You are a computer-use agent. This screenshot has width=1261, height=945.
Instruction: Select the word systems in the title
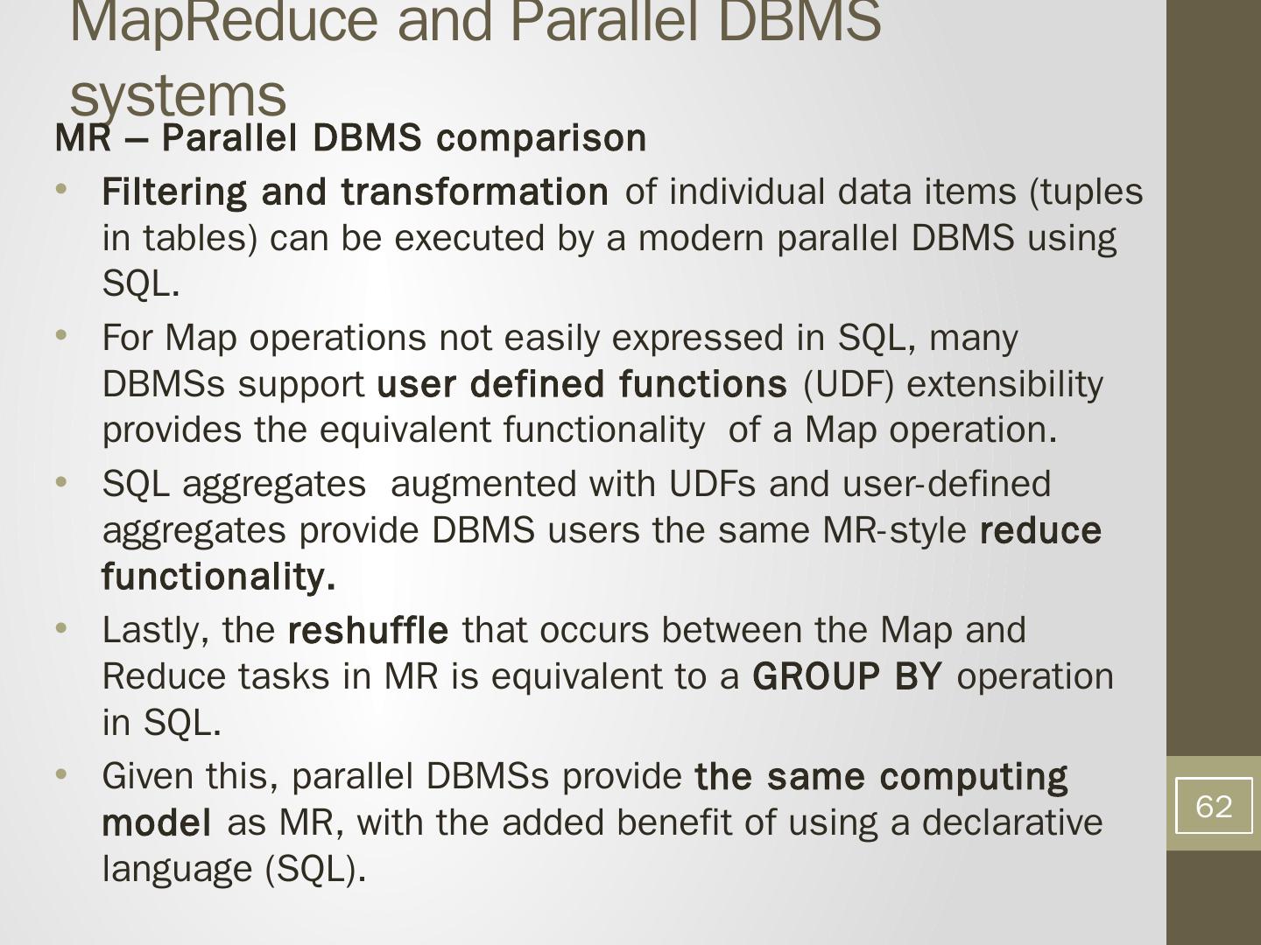click(178, 96)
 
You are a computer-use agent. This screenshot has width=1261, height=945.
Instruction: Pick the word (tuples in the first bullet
click(1086, 192)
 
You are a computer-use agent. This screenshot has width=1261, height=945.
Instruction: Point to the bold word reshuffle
click(368, 630)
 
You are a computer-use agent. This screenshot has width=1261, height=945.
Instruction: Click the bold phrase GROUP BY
click(847, 676)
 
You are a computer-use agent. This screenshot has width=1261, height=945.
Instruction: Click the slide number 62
click(1213, 806)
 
